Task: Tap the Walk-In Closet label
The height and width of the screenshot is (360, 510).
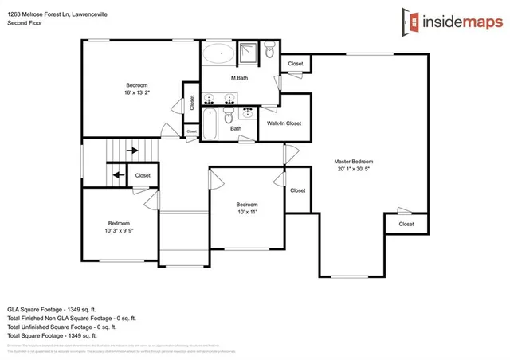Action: pyautogui.click(x=284, y=123)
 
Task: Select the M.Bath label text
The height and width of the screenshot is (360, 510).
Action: pyautogui.click(x=237, y=78)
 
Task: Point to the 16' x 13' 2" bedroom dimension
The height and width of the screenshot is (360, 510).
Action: pyautogui.click(x=137, y=92)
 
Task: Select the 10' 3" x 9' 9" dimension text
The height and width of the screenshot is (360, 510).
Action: pyautogui.click(x=120, y=230)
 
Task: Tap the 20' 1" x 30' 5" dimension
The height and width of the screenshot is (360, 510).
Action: pyautogui.click(x=353, y=170)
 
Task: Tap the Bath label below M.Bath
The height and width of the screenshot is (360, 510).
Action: pyautogui.click(x=236, y=128)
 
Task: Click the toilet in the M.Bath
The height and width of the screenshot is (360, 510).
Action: pyautogui.click(x=270, y=53)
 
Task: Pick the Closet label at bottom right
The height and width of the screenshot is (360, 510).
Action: pyautogui.click(x=406, y=224)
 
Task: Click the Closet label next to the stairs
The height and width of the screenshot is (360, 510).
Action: pyautogui.click(x=143, y=175)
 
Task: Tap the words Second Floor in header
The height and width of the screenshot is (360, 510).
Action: pyautogui.click(x=25, y=24)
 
